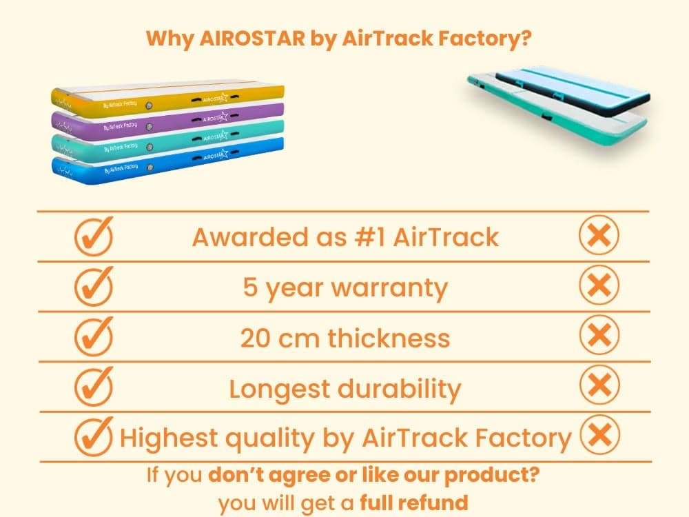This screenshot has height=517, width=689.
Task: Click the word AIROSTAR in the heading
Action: click(x=252, y=38)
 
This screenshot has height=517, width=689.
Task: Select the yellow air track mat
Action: click(x=167, y=99)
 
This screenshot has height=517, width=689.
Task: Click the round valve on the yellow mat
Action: click(x=149, y=106)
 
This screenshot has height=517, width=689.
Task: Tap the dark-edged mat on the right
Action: click(x=572, y=90)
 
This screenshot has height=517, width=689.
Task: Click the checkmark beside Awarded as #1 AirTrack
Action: click(x=94, y=236)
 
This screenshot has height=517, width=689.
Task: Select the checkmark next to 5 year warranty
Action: click(x=94, y=286)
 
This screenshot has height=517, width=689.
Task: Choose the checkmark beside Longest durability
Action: click(x=94, y=386)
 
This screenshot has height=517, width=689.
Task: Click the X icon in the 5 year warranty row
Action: click(x=599, y=285)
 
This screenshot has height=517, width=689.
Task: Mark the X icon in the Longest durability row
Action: click(x=599, y=385)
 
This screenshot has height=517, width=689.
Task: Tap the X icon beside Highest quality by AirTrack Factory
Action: click(x=600, y=435)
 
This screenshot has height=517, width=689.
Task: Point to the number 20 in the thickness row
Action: click(x=256, y=338)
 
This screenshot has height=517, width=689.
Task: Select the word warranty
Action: click(x=389, y=289)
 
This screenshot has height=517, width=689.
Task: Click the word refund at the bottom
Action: click(x=438, y=503)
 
